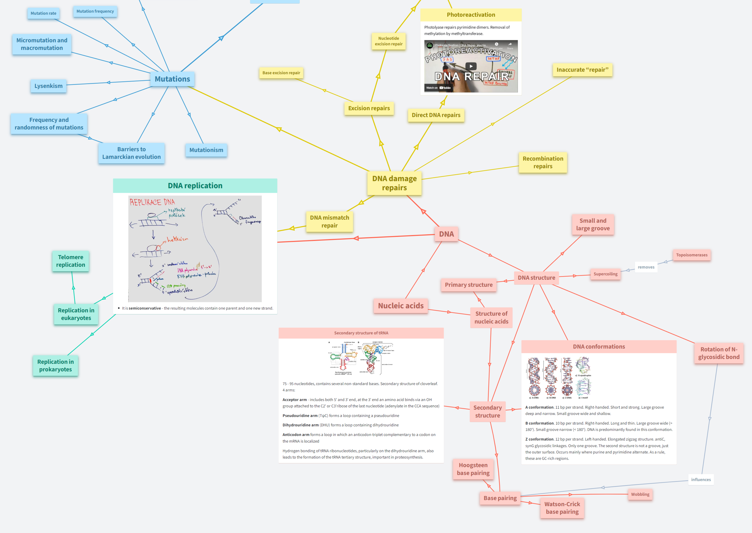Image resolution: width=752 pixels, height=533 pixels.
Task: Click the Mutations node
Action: coord(172,79)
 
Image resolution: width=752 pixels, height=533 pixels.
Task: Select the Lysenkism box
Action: coord(49,86)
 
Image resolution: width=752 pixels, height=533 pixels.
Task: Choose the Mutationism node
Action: coord(206,150)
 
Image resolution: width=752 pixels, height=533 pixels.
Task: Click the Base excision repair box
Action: coord(281,73)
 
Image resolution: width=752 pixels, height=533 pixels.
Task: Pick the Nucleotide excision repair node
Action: coord(389,41)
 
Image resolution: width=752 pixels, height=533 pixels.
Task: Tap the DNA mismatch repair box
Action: coord(330,222)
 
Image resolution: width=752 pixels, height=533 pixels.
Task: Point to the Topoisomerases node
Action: coord(692,255)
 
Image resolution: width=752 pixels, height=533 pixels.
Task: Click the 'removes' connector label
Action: coord(646,267)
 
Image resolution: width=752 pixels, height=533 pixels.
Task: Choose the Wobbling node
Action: coord(640,494)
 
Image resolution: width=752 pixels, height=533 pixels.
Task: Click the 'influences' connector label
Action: coord(701,479)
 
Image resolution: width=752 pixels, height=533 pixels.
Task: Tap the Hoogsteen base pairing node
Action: coord(473,469)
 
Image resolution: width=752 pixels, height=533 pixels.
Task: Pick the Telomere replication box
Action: coord(71,261)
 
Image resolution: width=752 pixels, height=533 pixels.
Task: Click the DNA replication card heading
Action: coord(195,186)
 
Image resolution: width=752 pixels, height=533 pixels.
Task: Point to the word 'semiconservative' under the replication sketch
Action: coord(145,308)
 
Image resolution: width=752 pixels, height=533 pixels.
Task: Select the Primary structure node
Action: coord(468,285)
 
